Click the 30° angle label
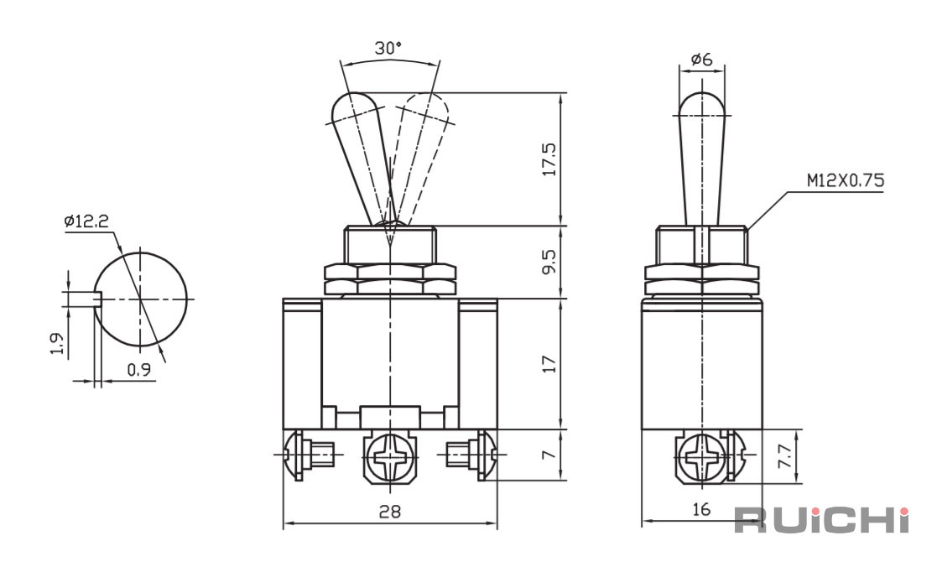pos(388,48)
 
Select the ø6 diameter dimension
pos(701,59)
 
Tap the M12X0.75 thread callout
pos(846,181)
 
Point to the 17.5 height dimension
pos(549,159)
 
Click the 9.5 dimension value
pos(549,262)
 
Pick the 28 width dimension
pos(390,511)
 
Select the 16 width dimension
pos(701,509)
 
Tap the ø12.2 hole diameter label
pos(86,221)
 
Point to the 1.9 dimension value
pos(56,343)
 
